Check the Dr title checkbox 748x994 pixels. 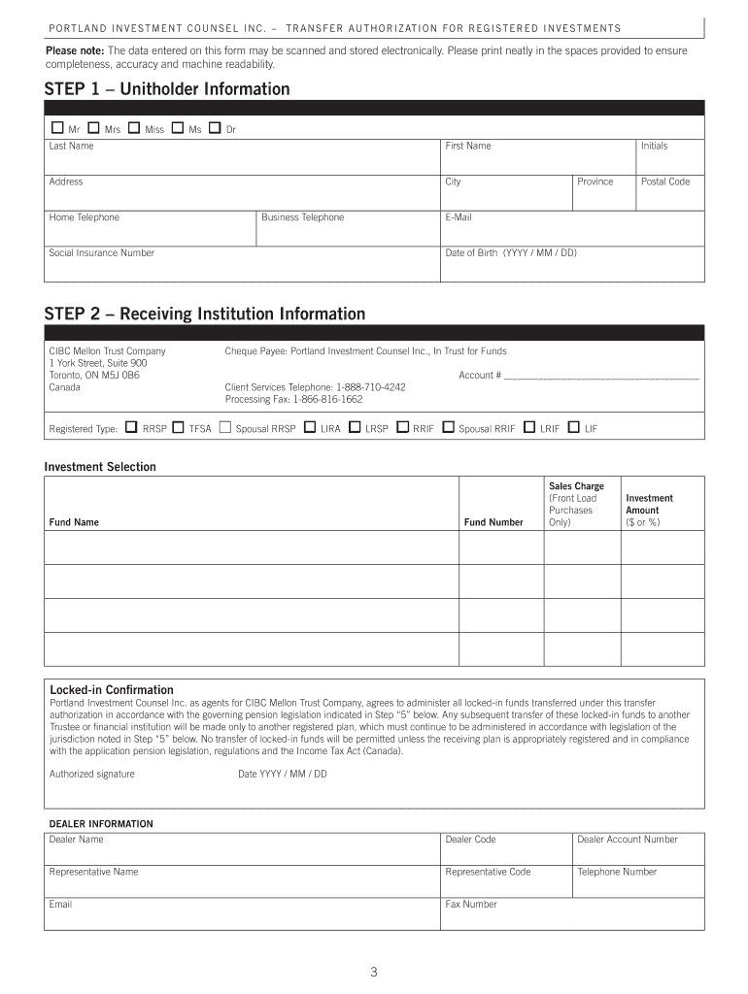click(x=215, y=128)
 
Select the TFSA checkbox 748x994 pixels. click(x=178, y=427)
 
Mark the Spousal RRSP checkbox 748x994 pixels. click(x=225, y=427)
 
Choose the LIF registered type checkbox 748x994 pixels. click(x=573, y=427)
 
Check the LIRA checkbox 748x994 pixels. click(x=310, y=427)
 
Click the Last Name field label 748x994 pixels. click(x=72, y=147)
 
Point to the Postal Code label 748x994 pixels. click(x=664, y=182)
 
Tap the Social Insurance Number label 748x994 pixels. click(x=102, y=253)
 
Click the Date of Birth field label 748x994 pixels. click(x=510, y=253)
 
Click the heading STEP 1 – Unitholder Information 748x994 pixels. click(x=167, y=89)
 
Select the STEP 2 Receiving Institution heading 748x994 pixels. click(x=205, y=314)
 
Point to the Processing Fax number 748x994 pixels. click(x=293, y=399)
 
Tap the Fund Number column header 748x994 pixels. click(x=493, y=522)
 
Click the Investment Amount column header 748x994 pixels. click(x=649, y=505)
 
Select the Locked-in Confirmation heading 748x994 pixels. click(x=112, y=690)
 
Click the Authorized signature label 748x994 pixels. click(x=92, y=774)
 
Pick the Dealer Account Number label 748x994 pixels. click(x=628, y=840)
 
